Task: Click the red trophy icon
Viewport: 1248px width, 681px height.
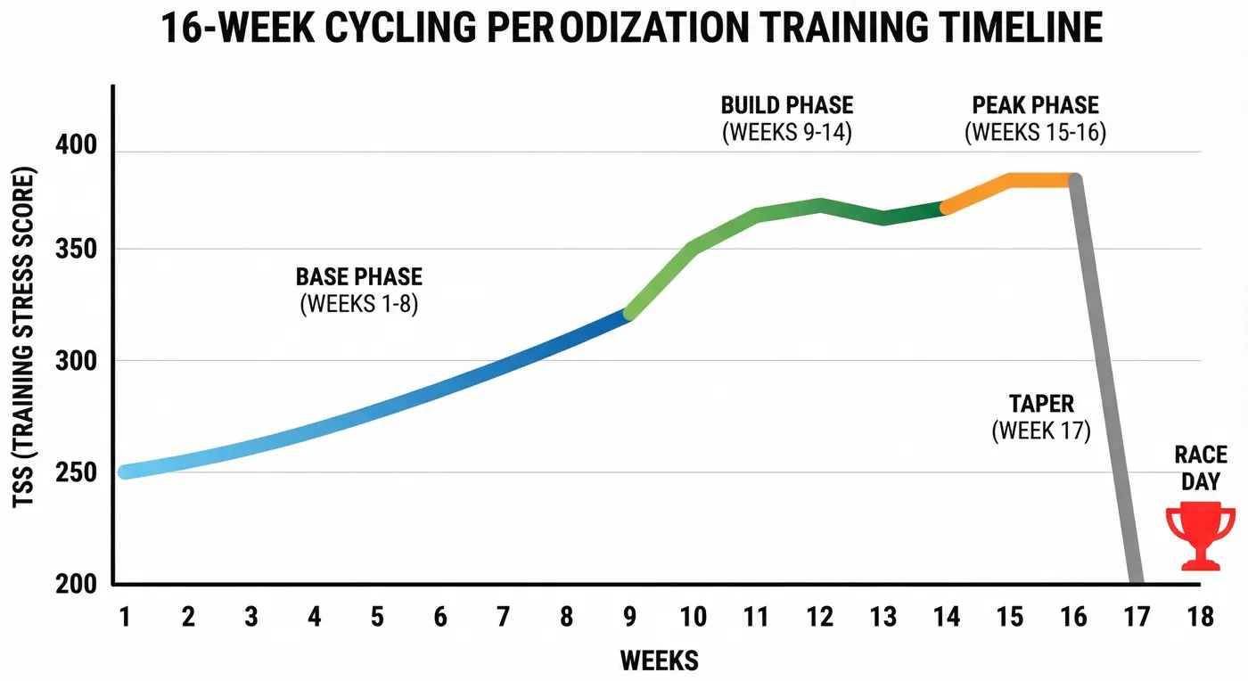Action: point(1201,537)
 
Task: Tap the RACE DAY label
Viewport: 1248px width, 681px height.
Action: point(1200,468)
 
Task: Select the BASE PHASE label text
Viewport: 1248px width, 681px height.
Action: point(359,290)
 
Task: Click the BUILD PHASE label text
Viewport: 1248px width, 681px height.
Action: point(787,119)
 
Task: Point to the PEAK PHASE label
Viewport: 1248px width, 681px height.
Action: point(1035,119)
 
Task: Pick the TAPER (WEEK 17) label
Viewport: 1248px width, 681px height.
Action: point(1041,417)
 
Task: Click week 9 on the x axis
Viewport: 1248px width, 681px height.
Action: point(630,616)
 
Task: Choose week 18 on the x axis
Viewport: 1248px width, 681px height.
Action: point(1200,616)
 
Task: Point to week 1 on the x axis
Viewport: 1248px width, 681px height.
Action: point(126,616)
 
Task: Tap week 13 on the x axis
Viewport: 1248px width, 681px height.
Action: point(883,616)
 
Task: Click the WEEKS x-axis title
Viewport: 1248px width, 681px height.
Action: point(659,660)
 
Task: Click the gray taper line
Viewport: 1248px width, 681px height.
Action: point(1105,383)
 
